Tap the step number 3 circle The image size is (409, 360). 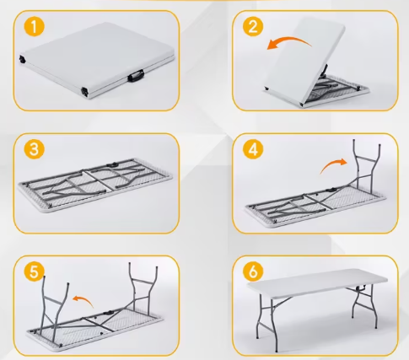(33, 150)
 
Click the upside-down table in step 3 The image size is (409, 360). (97, 185)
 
